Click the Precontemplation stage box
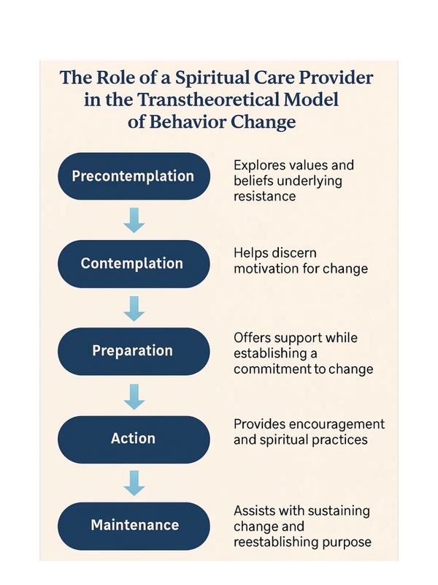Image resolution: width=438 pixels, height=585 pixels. [134, 176]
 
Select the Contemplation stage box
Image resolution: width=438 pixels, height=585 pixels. [134, 264]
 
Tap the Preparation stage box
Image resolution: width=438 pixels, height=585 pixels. [134, 352]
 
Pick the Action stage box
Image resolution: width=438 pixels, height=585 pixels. [134, 439]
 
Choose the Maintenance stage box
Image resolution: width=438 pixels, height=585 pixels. [134, 526]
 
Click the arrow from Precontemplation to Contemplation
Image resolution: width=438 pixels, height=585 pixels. [134, 220]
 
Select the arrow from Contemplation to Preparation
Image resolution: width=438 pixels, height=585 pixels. [134, 309]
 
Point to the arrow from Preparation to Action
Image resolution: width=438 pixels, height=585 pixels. [134, 396]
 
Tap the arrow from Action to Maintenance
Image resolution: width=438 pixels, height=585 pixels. [134, 483]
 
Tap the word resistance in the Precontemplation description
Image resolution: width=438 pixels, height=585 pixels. [264, 196]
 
